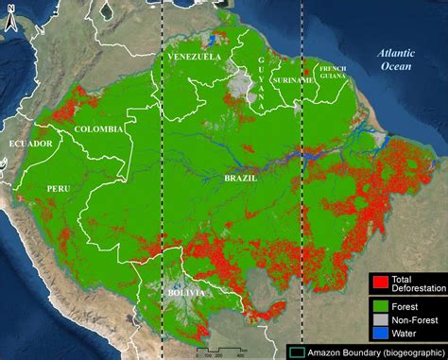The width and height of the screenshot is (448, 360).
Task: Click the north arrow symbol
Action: click(x=9, y=20)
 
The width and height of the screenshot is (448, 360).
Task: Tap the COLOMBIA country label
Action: click(x=99, y=129)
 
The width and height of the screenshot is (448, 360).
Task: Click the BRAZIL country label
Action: click(x=241, y=177)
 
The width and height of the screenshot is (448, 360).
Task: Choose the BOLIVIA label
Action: click(x=183, y=294)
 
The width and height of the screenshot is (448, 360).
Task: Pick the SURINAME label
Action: click(x=293, y=80)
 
